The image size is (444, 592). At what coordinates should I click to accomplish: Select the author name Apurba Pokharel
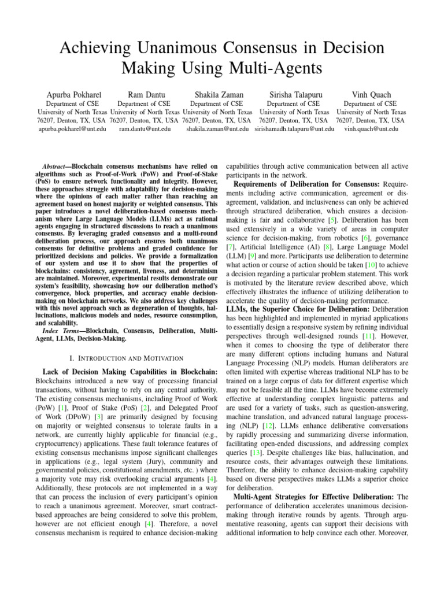[72, 95]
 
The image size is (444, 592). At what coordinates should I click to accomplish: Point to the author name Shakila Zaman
[219, 95]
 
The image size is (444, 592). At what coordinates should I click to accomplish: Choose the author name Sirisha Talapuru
[294, 95]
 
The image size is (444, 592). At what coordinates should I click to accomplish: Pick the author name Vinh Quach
[371, 95]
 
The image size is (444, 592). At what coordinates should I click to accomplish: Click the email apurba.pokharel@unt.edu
[72, 129]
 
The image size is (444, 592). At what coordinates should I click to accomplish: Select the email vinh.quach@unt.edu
[371, 129]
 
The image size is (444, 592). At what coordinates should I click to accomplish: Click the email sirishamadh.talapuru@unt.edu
[294, 129]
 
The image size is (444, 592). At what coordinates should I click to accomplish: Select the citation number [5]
[330, 221]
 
